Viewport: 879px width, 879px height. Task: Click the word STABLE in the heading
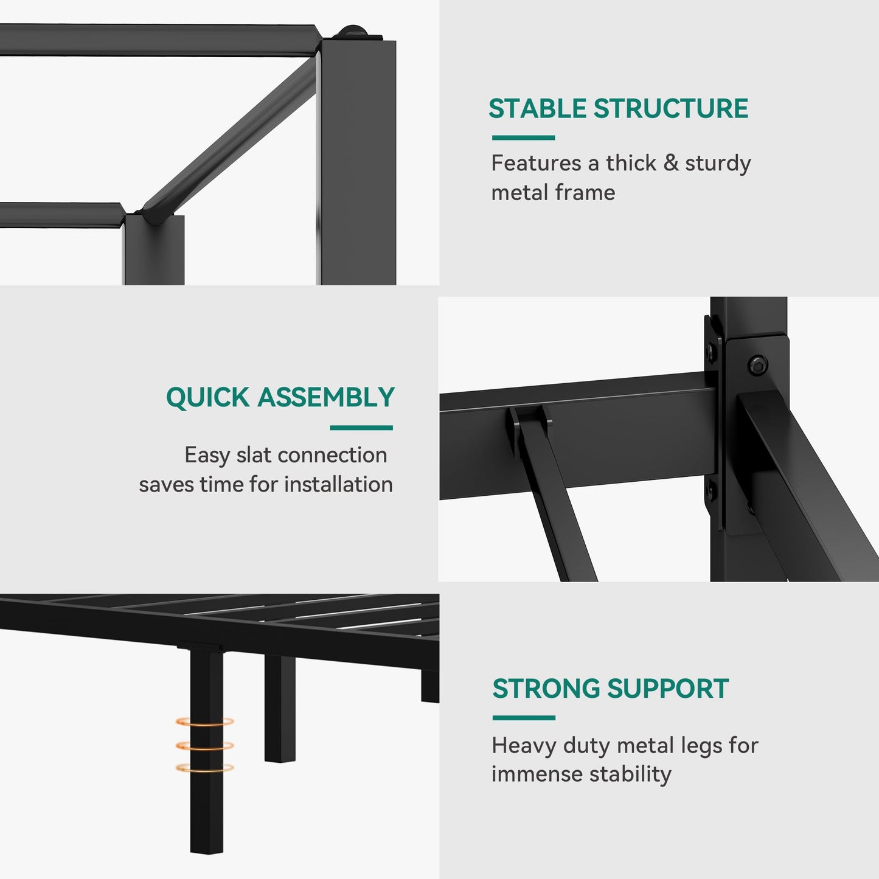[537, 108]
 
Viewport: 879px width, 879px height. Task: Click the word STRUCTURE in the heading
[670, 108]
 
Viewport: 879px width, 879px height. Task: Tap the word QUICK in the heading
[207, 398]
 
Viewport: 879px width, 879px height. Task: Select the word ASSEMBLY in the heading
[326, 397]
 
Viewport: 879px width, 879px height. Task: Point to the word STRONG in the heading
[546, 689]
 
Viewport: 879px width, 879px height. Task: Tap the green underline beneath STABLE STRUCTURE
[523, 137]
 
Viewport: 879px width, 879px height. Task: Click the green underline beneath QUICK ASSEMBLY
[361, 428]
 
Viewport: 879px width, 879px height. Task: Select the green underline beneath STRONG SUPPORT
[524, 718]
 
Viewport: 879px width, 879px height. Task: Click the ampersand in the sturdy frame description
[670, 163]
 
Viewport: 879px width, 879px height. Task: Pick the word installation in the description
[338, 484]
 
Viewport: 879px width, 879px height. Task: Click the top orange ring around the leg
[205, 721]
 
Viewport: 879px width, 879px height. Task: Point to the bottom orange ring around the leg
[205, 768]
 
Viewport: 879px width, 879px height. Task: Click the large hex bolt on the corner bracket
[758, 366]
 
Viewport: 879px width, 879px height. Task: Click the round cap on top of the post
[355, 33]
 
